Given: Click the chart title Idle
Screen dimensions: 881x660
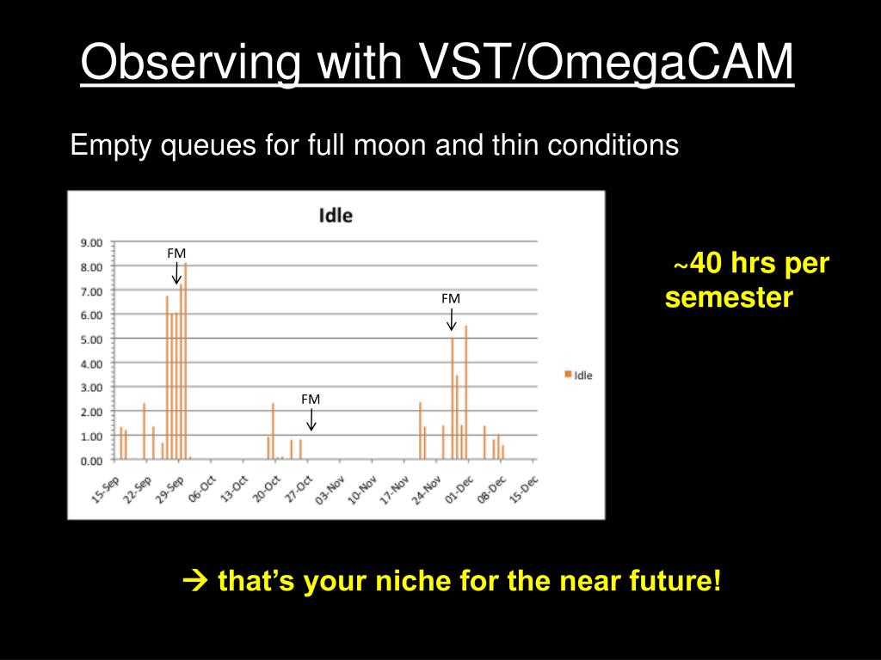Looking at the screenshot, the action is tap(336, 216).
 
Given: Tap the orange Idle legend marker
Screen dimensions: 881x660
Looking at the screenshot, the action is tap(568, 375).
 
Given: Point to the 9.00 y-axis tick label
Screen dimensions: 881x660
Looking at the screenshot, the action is tap(91, 243).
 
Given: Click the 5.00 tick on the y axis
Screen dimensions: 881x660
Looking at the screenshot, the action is tap(91, 339).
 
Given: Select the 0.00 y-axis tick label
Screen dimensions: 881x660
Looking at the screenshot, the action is tap(91, 461).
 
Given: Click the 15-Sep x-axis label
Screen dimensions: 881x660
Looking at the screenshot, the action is tap(106, 489).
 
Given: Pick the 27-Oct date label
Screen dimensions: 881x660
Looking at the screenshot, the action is tap(299, 489).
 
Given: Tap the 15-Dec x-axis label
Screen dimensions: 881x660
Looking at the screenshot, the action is tap(524, 489).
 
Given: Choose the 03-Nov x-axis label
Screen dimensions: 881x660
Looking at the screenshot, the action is tap(331, 489).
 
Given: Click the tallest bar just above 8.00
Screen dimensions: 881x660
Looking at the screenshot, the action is tap(186, 361).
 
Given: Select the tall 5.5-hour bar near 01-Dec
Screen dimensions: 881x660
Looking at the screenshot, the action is tap(465, 392).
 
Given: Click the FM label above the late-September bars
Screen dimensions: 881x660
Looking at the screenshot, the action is tap(176, 254).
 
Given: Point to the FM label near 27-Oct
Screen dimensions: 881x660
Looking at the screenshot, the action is tap(311, 399).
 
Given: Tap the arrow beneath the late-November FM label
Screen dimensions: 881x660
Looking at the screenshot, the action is tap(451, 319).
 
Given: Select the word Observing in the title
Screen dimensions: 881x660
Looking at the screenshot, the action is tap(190, 63).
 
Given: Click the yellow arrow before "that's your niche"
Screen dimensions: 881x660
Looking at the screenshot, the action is tap(195, 580).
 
